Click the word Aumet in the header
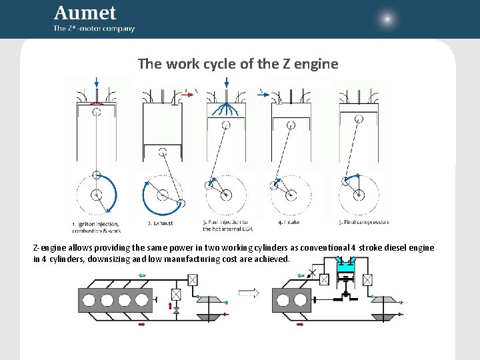(85, 13)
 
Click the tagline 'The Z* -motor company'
(94, 29)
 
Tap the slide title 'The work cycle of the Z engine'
(238, 64)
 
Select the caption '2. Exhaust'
(160, 223)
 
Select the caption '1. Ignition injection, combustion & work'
(96, 227)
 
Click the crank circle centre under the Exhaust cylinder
(162, 195)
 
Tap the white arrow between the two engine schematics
(248, 292)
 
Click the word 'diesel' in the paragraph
(395, 248)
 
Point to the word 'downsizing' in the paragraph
(109, 259)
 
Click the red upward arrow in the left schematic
(171, 307)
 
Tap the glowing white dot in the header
(387, 19)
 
